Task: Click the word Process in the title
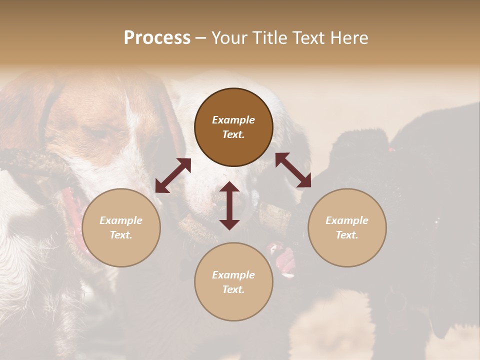(157, 38)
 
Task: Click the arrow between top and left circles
(173, 175)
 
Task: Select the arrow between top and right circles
(293, 170)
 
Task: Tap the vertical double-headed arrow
(229, 205)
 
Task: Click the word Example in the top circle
(233, 120)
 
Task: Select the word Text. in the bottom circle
(233, 289)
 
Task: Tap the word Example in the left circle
(121, 220)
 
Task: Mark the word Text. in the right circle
(347, 235)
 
